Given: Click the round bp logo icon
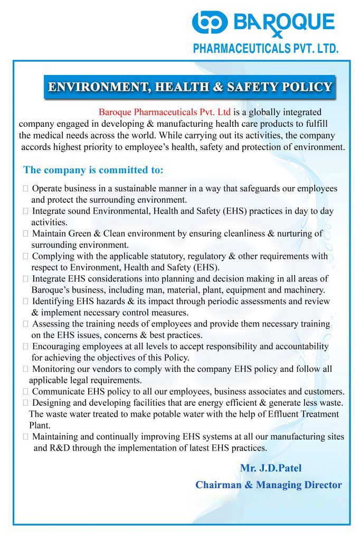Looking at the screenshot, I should point(210,22).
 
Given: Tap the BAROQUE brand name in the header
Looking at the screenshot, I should point(284,22).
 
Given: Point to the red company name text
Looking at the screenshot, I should point(165,113).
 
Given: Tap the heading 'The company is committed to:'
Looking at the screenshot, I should point(93,170).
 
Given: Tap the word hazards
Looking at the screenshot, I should point(102,301).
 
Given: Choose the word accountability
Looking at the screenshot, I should point(300,347).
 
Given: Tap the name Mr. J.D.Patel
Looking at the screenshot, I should point(271,468).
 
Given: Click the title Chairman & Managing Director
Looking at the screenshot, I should point(268,484).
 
